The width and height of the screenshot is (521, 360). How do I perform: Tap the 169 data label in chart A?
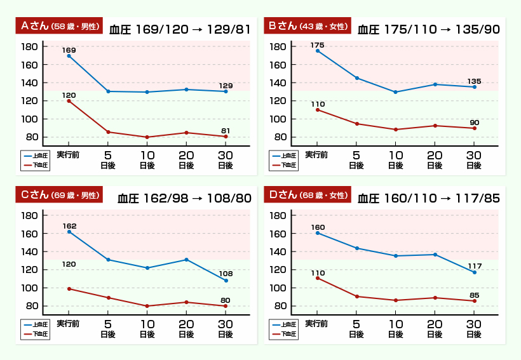point(69,50)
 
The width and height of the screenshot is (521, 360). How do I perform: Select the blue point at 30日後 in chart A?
point(226,91)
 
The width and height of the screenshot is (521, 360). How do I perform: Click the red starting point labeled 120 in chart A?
point(69,101)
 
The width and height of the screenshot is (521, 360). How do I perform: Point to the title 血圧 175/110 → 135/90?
point(429,29)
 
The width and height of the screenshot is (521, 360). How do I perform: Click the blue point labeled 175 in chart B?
point(317,51)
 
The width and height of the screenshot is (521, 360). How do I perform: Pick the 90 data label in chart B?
point(474,122)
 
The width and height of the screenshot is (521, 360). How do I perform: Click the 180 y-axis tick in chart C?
point(29,216)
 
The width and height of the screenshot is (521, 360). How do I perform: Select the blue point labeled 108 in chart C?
point(226,281)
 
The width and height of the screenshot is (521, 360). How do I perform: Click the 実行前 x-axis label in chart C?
point(68,324)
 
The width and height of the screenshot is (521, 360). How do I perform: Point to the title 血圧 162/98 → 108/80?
point(184,198)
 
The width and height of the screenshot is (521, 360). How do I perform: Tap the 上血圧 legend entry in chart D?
point(285,324)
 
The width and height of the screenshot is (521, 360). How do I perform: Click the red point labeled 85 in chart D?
point(474,301)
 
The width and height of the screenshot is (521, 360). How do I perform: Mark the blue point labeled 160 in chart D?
point(317,233)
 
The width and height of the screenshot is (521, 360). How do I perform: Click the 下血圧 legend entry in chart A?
point(36,165)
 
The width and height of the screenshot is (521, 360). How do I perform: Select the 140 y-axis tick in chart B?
point(278,83)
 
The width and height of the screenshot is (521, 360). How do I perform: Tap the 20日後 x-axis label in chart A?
point(186,160)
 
